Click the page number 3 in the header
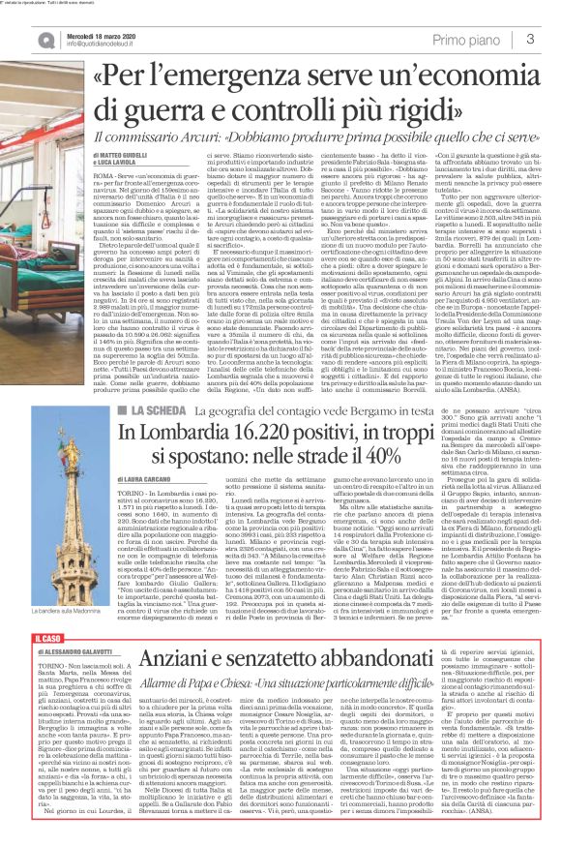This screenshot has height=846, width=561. pos(531,38)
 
